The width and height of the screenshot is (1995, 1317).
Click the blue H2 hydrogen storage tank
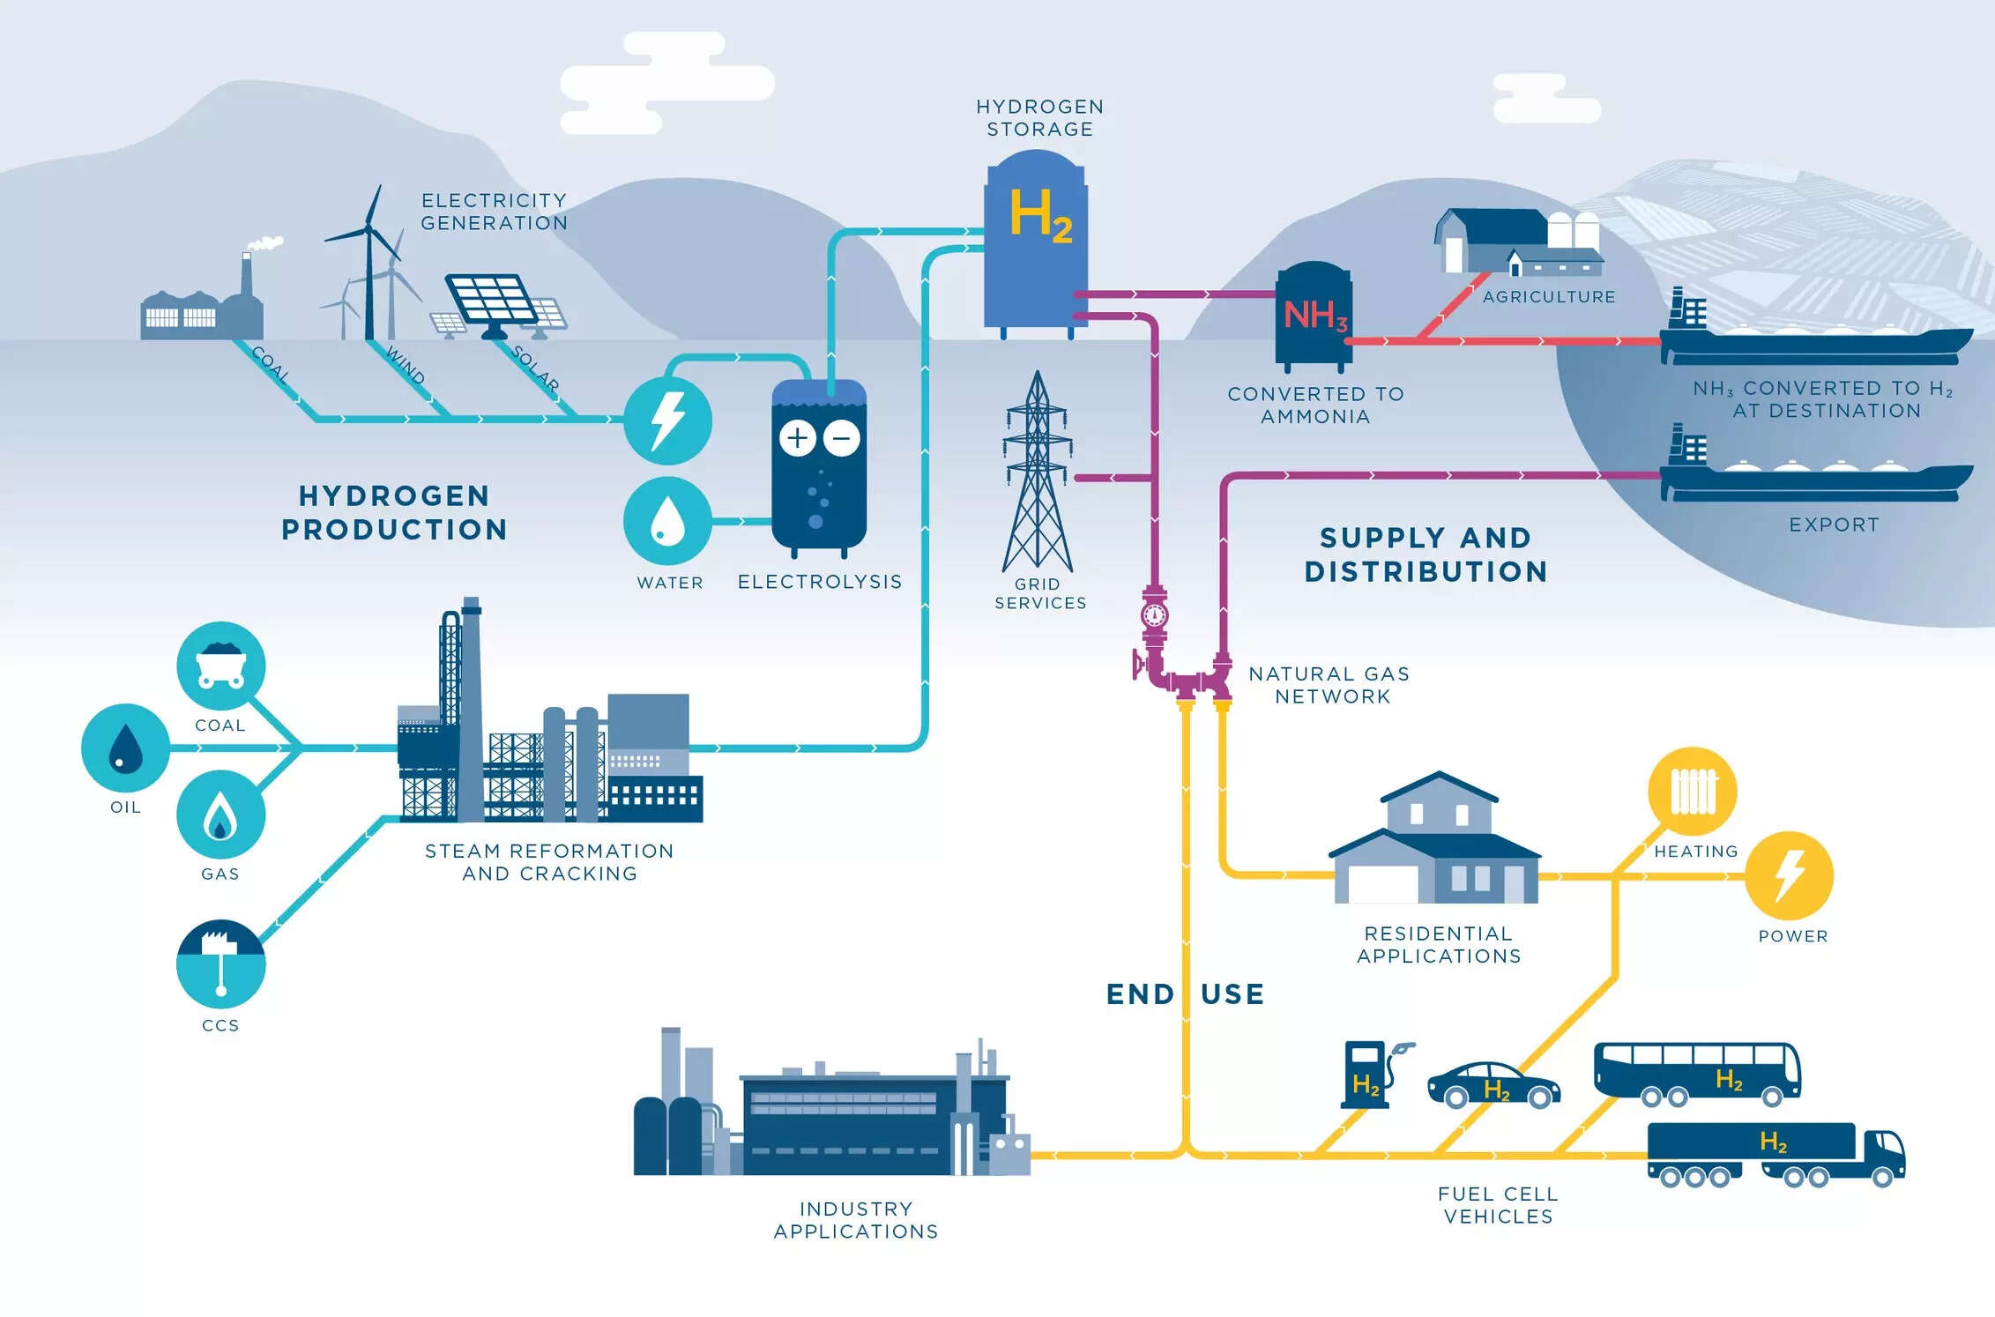(1036, 242)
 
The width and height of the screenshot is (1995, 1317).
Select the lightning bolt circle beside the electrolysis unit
(667, 420)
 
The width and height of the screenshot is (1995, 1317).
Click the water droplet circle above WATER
(667, 521)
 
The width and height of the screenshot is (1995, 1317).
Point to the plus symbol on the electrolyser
(797, 438)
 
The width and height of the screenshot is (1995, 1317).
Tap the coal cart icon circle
(220, 666)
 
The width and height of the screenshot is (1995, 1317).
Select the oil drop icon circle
(125, 748)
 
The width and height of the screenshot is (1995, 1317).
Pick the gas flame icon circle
(220, 815)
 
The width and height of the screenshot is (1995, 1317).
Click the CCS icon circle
(220, 964)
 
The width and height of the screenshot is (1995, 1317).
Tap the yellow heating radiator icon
(1693, 791)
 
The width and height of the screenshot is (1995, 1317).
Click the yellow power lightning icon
(1789, 875)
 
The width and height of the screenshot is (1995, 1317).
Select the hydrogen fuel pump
(1366, 1075)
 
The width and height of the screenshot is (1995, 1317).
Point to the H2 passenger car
(1493, 1085)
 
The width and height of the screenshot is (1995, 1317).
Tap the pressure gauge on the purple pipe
(1154, 614)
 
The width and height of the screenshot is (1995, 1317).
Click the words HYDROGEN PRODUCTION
(394, 512)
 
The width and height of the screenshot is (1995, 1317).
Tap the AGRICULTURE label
(1549, 297)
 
